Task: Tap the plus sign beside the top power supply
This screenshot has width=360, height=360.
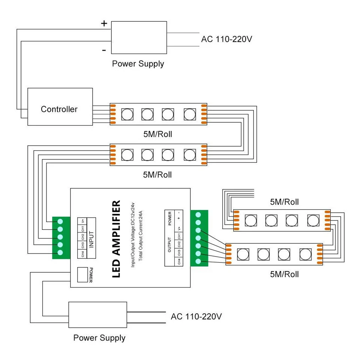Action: tap(104, 23)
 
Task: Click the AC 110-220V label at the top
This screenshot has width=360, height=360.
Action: tap(226, 39)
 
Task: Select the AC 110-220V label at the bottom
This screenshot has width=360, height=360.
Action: tap(196, 316)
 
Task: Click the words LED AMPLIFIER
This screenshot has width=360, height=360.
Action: tap(117, 239)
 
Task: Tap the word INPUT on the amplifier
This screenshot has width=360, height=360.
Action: tap(91, 238)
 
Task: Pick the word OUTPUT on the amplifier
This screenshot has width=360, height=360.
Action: tap(169, 244)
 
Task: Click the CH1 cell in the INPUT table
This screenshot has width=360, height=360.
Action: tap(82, 228)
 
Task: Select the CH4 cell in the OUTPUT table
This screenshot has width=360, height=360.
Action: tap(179, 261)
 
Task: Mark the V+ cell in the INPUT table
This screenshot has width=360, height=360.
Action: tap(82, 220)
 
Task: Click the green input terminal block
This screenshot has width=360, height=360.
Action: tap(60, 238)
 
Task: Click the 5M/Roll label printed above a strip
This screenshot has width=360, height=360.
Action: tap(284, 202)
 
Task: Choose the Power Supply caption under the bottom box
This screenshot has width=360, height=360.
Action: tap(99, 338)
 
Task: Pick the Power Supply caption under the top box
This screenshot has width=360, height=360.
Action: tap(138, 64)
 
